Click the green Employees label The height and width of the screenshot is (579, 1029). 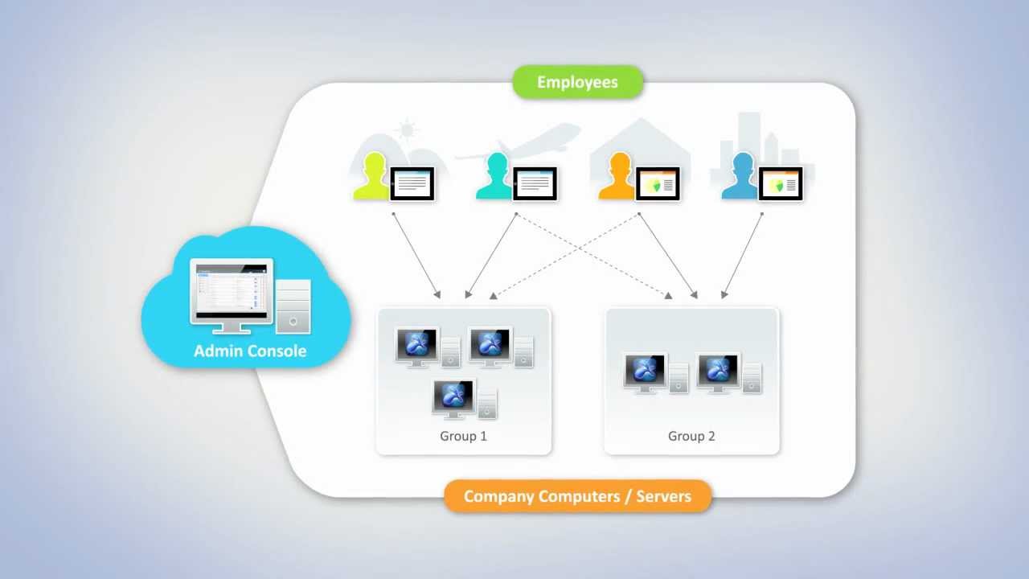(x=578, y=82)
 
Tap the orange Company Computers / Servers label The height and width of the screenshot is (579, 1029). (x=577, y=496)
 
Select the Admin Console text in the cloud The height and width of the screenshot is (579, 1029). (x=250, y=351)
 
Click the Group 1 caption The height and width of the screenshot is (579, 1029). (x=463, y=436)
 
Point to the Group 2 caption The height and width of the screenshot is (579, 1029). (x=691, y=436)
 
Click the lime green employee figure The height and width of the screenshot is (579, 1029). (x=372, y=177)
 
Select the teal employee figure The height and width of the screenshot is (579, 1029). (x=496, y=177)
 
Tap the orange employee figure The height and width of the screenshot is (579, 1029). (x=618, y=177)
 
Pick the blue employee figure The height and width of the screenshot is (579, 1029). (x=740, y=177)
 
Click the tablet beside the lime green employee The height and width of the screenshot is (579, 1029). (x=412, y=184)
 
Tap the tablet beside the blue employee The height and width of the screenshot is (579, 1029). (x=781, y=184)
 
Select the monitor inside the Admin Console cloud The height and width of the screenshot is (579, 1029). (x=232, y=291)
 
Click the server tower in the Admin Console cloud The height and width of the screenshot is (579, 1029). (x=293, y=306)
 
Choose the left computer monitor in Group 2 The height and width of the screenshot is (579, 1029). (x=646, y=371)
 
